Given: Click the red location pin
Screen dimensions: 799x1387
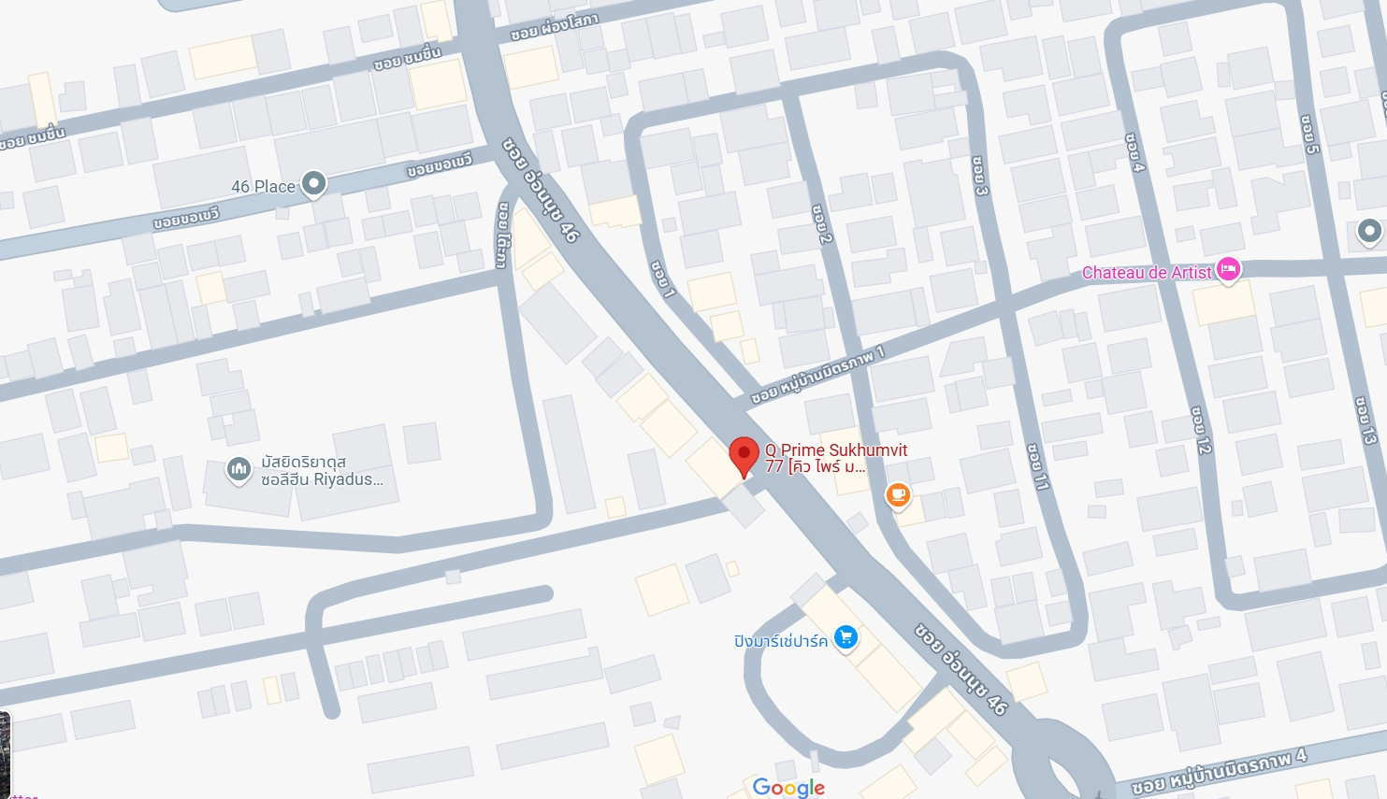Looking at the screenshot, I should (x=744, y=455).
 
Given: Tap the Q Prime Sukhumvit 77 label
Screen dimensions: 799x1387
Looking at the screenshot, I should (x=835, y=458).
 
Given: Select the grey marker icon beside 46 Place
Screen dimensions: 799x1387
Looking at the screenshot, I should (x=313, y=183).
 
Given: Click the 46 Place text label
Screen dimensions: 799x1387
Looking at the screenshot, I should (x=263, y=187).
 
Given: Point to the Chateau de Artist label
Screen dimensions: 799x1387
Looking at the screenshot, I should (x=1146, y=273).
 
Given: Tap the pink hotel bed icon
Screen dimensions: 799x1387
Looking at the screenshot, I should (x=1229, y=269).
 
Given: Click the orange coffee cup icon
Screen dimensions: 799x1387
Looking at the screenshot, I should (x=898, y=494).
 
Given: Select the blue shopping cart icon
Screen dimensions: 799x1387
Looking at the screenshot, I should (x=846, y=638).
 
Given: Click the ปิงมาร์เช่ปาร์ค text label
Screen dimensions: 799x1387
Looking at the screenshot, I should (x=780, y=641).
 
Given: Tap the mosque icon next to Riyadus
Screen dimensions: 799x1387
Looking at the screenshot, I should (x=238, y=469).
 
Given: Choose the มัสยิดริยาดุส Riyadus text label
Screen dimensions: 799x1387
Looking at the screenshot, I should (x=321, y=471).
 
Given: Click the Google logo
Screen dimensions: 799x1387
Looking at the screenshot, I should (x=788, y=788).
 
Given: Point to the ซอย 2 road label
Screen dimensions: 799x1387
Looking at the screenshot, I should (x=822, y=224).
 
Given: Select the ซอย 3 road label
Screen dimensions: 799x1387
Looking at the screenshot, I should (x=979, y=176).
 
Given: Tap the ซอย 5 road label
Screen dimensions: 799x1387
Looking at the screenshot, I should (x=1310, y=135).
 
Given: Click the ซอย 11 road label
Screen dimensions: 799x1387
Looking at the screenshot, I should (x=1037, y=467).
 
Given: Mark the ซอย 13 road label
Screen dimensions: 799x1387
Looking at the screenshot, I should (x=1365, y=421).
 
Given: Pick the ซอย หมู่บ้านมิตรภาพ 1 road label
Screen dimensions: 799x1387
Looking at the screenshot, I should (x=816, y=376).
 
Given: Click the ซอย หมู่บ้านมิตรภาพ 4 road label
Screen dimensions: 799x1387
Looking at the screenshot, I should (x=1219, y=771).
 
